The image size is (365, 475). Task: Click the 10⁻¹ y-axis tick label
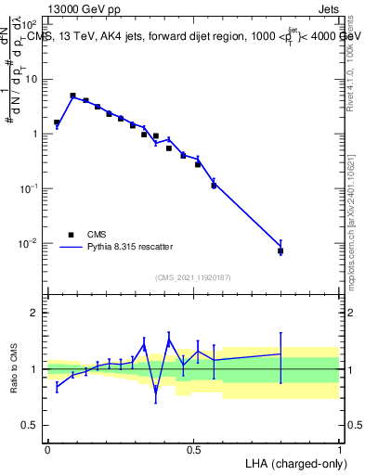(31, 188)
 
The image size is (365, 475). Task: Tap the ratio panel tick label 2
(34, 313)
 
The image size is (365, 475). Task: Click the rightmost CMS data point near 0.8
(280, 250)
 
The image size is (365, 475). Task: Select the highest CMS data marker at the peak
(72, 96)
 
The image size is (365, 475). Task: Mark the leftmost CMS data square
(57, 122)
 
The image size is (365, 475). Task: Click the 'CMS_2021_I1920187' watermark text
(193, 276)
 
